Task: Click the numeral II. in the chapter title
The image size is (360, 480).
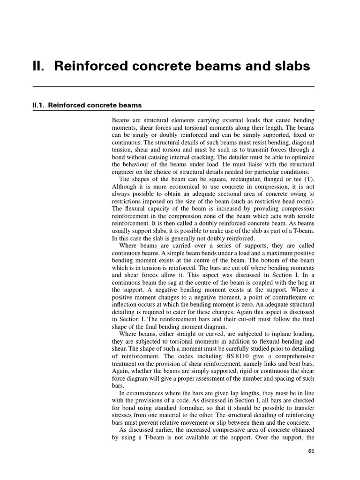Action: pos(38,67)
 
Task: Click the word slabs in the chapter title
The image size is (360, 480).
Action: pos(290,67)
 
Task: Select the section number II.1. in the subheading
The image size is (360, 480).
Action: pos(38,105)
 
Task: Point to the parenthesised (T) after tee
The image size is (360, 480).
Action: pos(309,180)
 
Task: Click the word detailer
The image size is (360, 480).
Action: pos(228,157)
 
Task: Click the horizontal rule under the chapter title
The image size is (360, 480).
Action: pos(173,87)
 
